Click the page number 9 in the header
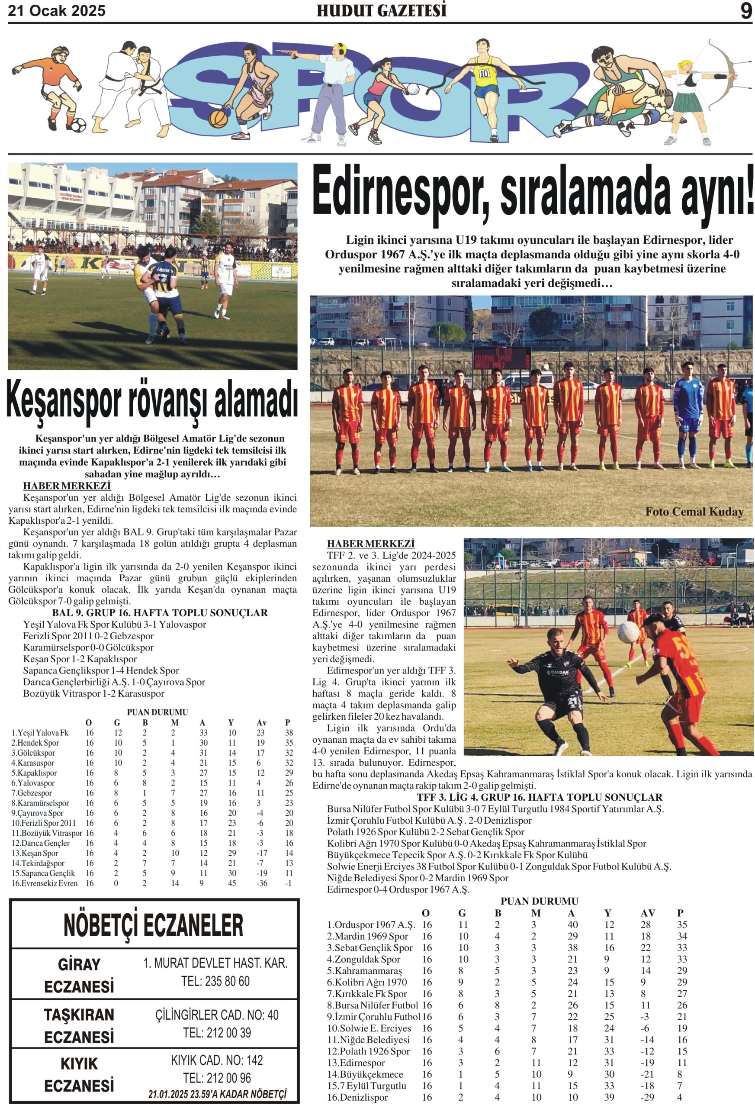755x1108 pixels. [745, 10]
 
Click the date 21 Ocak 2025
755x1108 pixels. [57, 11]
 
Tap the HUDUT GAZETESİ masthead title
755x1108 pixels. [381, 10]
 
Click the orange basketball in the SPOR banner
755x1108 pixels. [218, 118]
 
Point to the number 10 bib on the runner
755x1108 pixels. [484, 74]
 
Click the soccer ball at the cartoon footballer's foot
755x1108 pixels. [78, 126]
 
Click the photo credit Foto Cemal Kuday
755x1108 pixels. [694, 512]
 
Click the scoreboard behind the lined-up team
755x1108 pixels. [501, 358]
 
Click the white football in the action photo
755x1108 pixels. [628, 632]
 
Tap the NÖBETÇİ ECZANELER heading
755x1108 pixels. [154, 925]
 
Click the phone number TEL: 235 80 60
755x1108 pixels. [215, 981]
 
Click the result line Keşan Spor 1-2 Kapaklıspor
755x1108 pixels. [80, 659]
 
